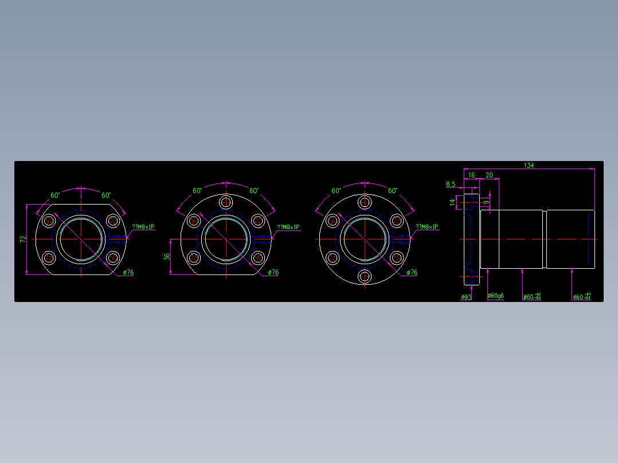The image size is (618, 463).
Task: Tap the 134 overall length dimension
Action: point(529,166)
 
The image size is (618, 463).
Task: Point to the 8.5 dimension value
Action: point(451,185)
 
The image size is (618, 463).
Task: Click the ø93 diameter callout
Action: point(466,297)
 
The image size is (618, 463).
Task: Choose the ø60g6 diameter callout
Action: point(496,296)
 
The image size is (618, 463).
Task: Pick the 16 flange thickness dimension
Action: point(472,175)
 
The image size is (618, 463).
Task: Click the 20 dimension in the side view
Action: point(489,175)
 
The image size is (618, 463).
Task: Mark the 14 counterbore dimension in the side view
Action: point(453,202)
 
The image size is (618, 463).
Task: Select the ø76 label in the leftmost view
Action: point(128,273)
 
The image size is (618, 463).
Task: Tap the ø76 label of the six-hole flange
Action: point(412,273)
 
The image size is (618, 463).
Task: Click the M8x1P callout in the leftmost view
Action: point(143,227)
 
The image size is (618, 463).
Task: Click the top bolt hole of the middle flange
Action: point(226,202)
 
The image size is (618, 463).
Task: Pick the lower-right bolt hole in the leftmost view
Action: point(112,257)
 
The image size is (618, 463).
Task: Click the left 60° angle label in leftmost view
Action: point(55,195)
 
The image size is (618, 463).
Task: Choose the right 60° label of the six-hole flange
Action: point(393,190)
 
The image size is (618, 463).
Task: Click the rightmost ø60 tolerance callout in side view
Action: point(581,297)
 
